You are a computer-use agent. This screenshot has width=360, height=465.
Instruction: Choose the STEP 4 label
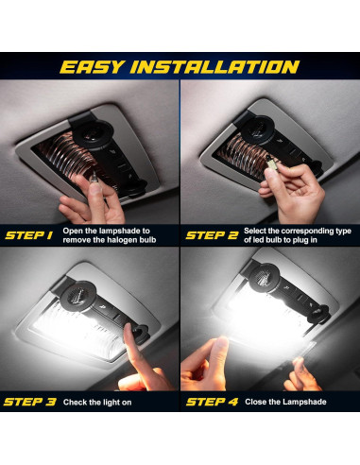(211, 402)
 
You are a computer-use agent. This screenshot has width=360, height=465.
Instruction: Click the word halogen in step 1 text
(124, 241)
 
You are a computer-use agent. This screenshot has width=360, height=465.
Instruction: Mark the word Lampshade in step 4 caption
(303, 402)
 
